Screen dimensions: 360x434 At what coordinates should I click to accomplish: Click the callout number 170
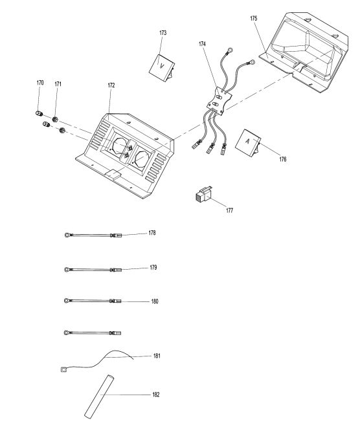tap(40, 83)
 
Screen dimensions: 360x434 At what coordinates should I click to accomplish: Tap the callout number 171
tap(58, 84)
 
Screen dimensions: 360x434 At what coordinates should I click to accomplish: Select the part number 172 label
tap(111, 85)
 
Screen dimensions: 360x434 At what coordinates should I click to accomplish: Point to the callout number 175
tap(254, 18)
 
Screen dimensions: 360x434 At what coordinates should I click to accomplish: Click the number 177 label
tap(229, 210)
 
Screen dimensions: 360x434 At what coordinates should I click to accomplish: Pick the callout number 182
tap(156, 395)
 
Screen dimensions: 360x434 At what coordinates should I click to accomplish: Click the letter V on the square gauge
tap(162, 66)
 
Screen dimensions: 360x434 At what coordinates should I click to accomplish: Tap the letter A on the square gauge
tap(247, 141)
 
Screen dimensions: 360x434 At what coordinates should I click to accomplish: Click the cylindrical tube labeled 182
tap(99, 396)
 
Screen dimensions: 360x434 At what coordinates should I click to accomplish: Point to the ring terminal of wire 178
tap(67, 235)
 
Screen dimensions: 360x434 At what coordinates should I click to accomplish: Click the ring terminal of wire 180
tap(67, 301)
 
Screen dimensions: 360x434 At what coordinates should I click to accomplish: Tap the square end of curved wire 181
tap(63, 369)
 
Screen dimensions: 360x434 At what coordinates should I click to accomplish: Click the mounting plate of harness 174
tap(219, 100)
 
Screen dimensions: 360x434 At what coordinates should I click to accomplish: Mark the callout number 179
tap(153, 267)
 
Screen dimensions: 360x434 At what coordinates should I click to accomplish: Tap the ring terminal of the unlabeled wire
tap(67, 332)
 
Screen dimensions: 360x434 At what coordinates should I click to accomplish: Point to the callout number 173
tap(163, 32)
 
